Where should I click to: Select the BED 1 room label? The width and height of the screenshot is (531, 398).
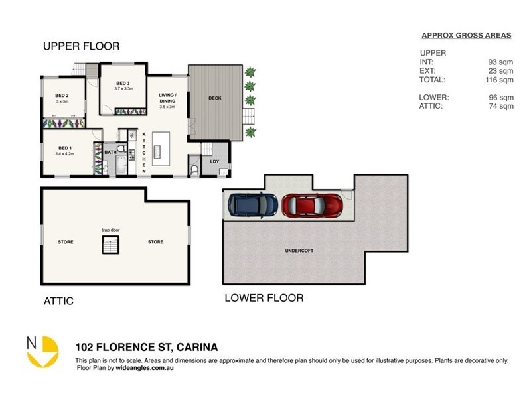point(64,148)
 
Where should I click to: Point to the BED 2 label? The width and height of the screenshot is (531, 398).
point(62,96)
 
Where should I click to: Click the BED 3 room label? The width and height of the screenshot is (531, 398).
point(123,83)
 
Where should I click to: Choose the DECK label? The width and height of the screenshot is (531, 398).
point(214,98)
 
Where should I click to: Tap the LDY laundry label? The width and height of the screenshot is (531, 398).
point(214,161)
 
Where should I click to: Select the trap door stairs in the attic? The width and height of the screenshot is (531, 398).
point(110,245)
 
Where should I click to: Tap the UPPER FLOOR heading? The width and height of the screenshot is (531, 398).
point(82,46)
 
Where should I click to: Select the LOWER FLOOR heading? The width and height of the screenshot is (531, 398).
point(264,298)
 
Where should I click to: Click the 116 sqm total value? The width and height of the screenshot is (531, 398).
point(501,80)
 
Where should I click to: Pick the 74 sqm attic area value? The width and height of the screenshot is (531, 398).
point(502,105)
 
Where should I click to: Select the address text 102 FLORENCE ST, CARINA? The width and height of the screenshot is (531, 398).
point(147,347)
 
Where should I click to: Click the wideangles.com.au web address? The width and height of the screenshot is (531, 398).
point(144,367)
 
